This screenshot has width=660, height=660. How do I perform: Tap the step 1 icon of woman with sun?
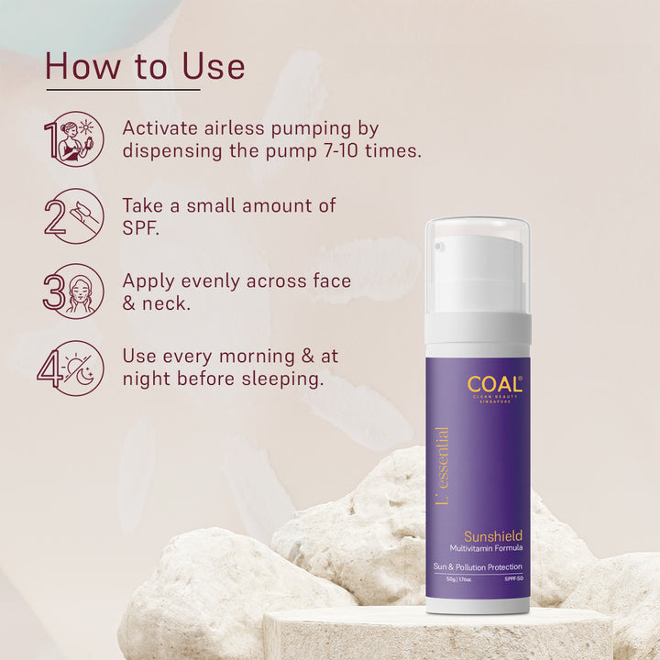[76, 138]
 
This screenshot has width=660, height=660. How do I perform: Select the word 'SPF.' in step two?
[140, 228]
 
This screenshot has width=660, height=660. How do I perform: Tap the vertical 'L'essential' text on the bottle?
[443, 467]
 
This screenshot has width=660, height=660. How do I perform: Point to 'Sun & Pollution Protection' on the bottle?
[478, 567]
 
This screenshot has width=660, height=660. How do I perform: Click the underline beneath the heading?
[123, 90]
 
